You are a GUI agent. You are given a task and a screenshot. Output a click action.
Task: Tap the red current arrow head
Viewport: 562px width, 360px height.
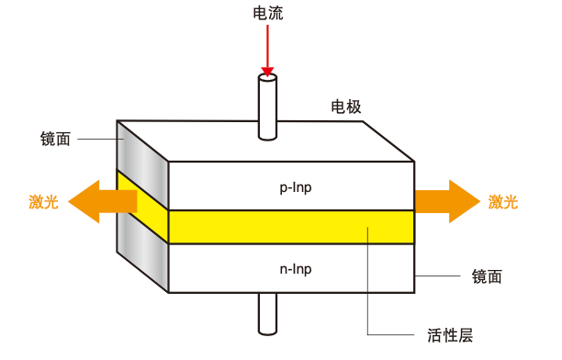[267, 69]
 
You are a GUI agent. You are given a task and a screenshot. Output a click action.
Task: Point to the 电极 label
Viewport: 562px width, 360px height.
[346, 107]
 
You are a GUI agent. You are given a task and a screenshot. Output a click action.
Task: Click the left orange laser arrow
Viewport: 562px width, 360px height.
[96, 201]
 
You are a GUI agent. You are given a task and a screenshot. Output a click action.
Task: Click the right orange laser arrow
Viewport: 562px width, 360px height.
[446, 201]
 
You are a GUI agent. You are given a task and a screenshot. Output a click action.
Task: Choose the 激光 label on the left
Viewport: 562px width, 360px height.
[43, 202]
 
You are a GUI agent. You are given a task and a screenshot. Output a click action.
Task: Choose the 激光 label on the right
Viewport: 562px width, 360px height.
[501, 202]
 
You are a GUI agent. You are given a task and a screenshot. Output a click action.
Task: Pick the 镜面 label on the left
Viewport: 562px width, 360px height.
[56, 139]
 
